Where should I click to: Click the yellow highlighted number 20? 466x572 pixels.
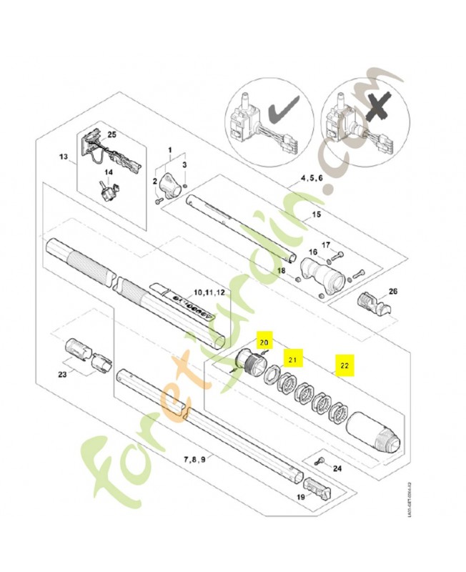(x=264, y=343)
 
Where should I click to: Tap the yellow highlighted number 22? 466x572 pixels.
(x=344, y=365)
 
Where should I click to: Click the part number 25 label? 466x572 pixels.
(x=111, y=134)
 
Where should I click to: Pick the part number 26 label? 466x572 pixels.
(x=392, y=291)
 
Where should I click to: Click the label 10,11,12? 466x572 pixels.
(x=209, y=293)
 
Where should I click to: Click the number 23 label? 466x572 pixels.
(x=65, y=373)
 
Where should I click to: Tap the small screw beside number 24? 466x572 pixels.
(x=321, y=461)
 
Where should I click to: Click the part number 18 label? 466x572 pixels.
(x=281, y=271)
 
